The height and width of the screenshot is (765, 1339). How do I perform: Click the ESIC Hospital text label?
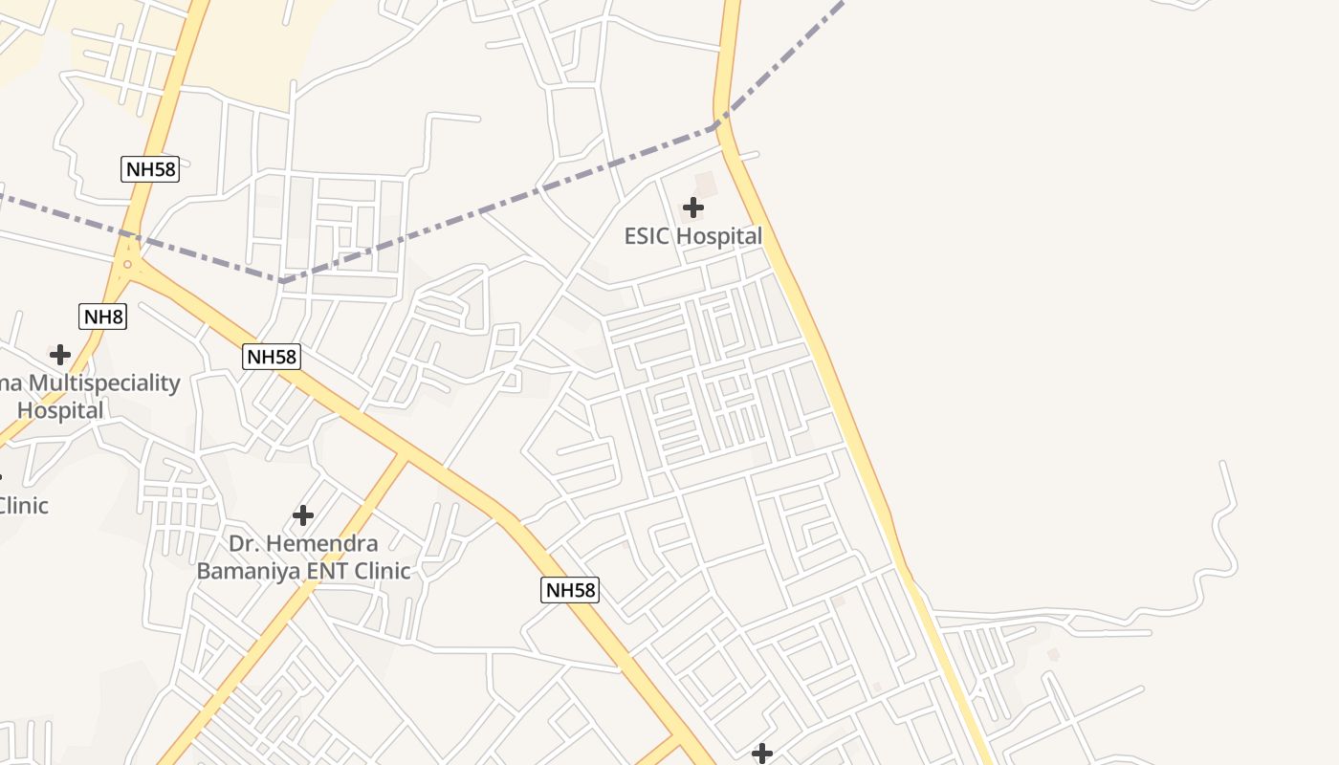693,236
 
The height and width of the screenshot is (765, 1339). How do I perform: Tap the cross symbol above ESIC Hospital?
693,207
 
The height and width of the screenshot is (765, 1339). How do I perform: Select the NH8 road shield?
102,317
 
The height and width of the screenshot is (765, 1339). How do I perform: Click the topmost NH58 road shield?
151,169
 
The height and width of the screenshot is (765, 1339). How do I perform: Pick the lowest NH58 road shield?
570,590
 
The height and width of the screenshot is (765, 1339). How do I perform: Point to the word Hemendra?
320,544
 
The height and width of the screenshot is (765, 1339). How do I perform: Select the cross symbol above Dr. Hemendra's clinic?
303,515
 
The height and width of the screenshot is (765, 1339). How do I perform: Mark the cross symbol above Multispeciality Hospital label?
60,355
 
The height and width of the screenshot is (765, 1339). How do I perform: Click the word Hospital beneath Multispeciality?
60,411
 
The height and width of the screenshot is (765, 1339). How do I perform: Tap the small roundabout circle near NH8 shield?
127,264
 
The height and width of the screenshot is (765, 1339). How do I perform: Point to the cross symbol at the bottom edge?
762,754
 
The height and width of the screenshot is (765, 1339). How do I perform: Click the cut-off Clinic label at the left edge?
21,505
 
